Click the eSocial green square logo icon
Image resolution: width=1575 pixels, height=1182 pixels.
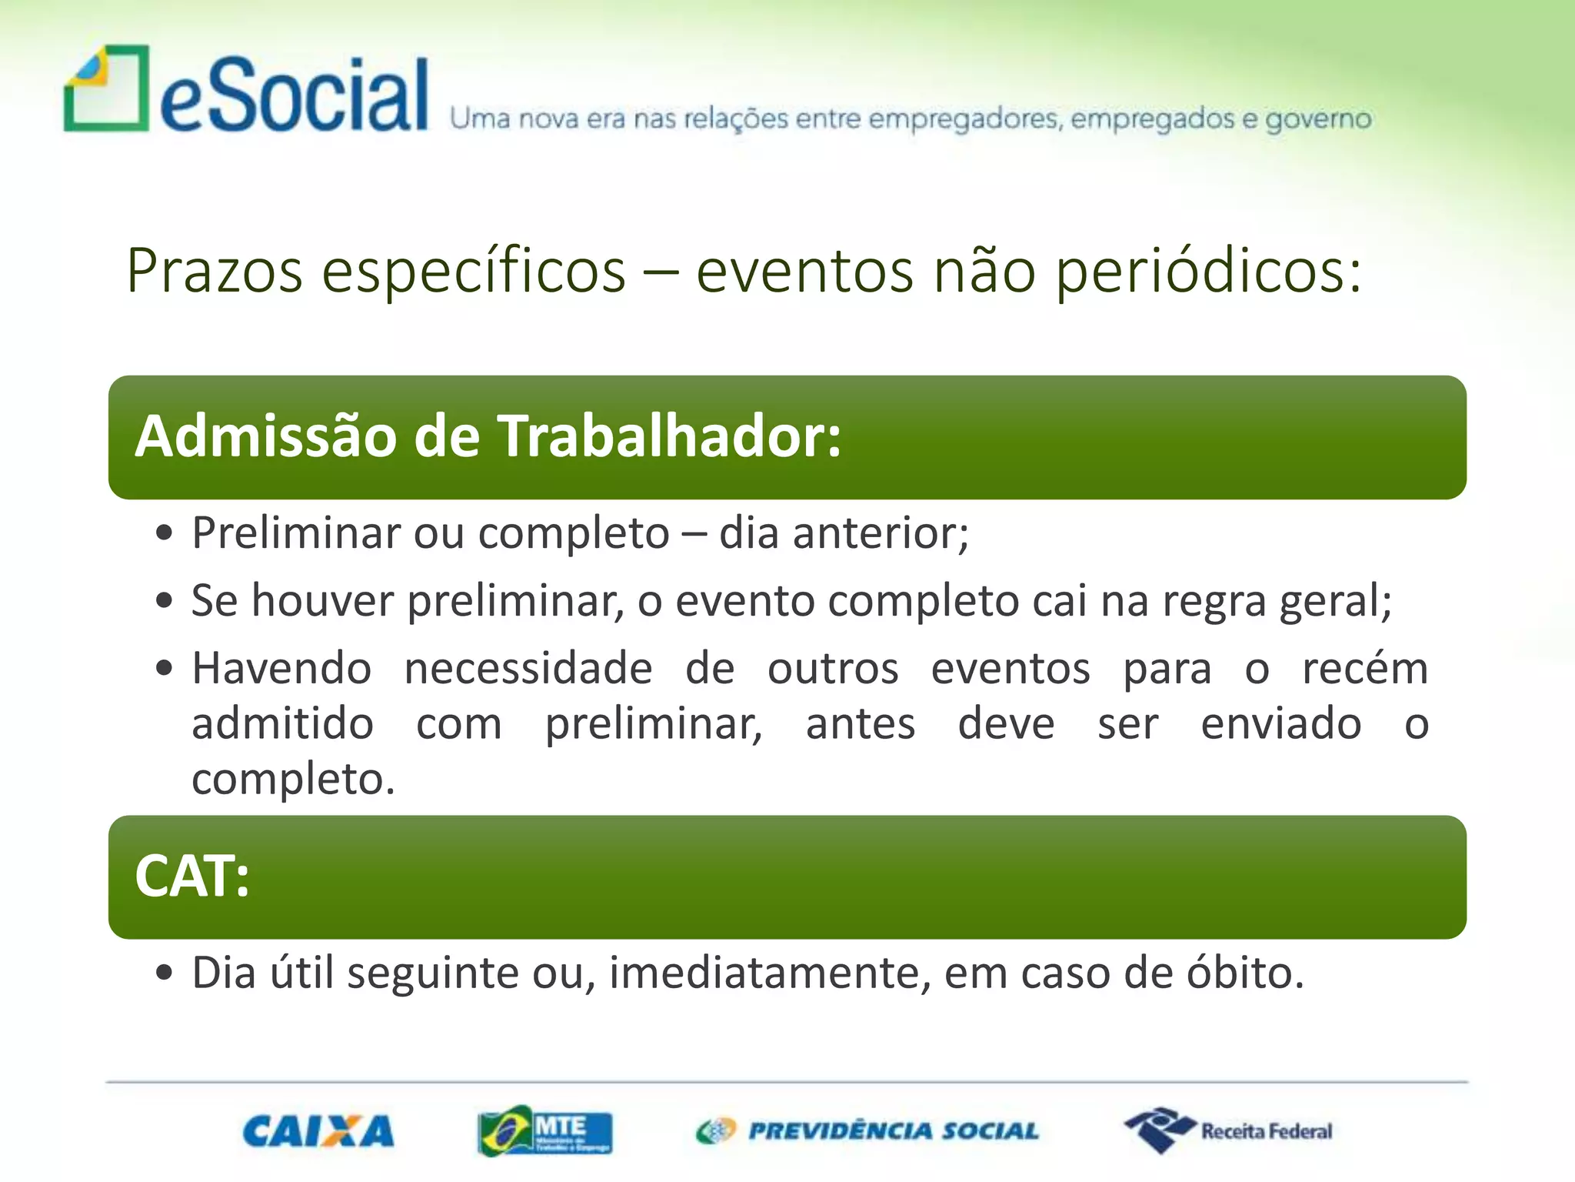click(x=106, y=88)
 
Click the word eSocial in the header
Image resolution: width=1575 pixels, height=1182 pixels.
click(x=294, y=97)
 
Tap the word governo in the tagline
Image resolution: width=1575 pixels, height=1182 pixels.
click(x=1318, y=120)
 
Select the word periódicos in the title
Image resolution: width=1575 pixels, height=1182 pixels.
click(x=1207, y=271)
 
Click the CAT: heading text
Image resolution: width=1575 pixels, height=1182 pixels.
click(x=192, y=876)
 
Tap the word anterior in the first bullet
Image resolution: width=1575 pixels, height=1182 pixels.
click(x=881, y=533)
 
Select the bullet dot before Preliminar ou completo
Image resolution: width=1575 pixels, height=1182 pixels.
click(x=164, y=533)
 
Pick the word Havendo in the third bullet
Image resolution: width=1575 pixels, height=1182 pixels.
click(x=281, y=668)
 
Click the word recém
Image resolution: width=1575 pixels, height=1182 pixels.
click(x=1365, y=668)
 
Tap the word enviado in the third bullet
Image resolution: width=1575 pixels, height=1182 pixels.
click(x=1281, y=724)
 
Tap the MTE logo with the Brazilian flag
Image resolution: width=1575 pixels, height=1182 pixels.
click(x=544, y=1130)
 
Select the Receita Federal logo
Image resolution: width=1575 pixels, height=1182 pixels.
click(x=1228, y=1130)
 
